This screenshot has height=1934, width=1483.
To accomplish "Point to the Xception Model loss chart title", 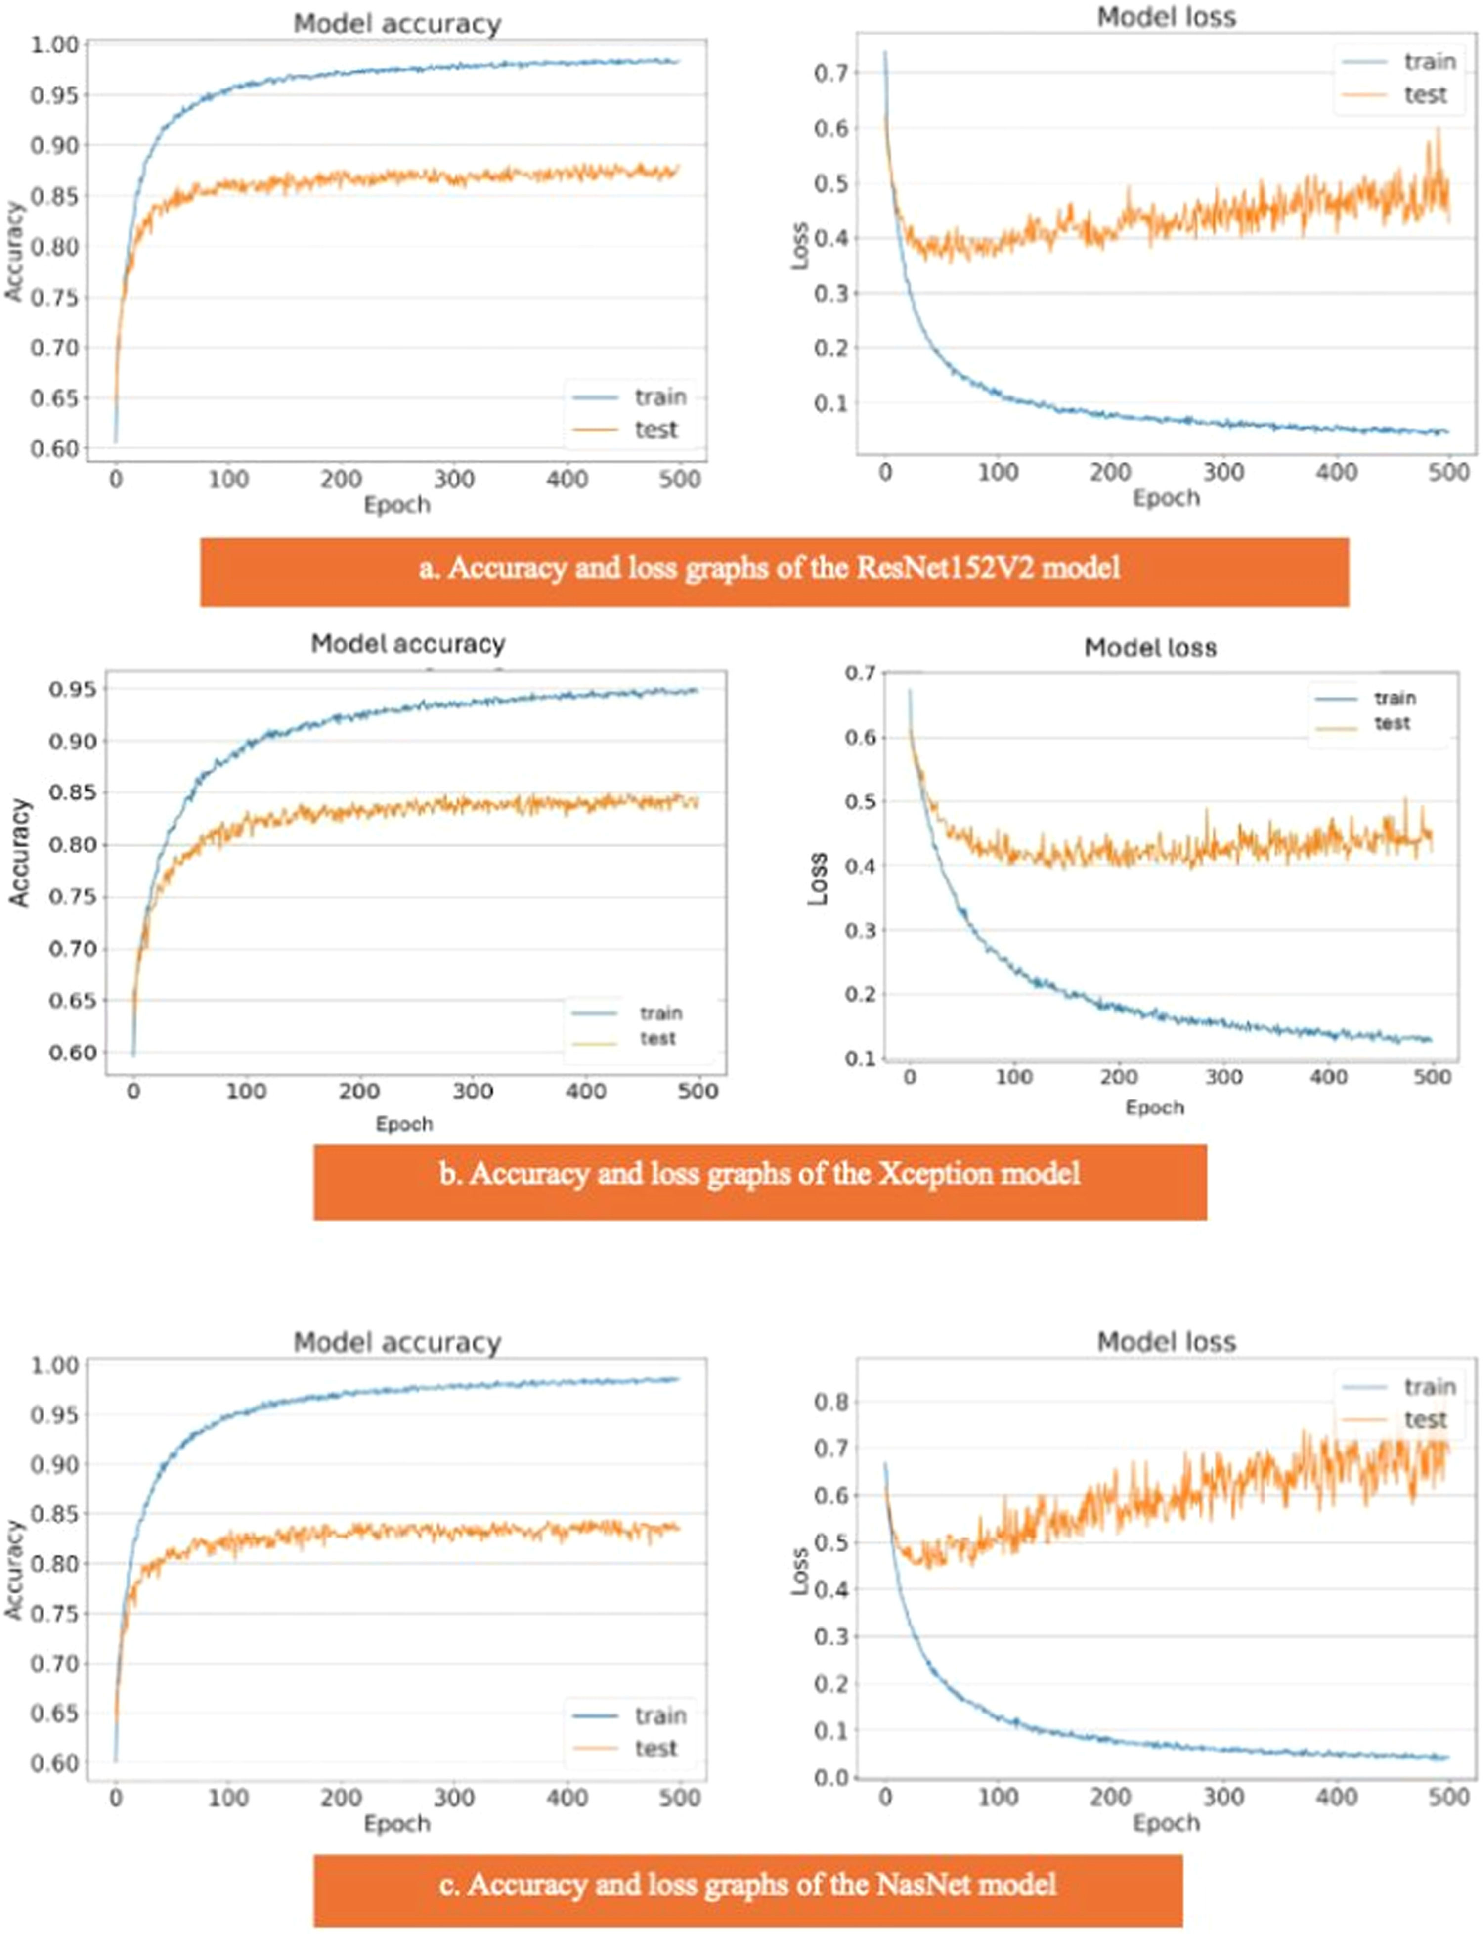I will tap(1150, 647).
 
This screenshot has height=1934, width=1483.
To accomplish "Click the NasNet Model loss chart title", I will tap(1166, 1342).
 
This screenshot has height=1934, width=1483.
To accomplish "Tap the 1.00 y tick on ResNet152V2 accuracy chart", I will tap(55, 44).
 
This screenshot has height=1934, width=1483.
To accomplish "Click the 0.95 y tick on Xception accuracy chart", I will tap(72, 689).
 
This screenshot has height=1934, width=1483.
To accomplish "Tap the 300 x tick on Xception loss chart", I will tap(1224, 1077).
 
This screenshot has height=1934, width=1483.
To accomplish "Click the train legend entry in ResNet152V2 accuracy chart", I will tap(659, 397).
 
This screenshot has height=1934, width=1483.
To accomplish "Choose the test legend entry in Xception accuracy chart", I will tap(657, 1038).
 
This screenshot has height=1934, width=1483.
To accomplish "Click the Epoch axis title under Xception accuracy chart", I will tap(404, 1124).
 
